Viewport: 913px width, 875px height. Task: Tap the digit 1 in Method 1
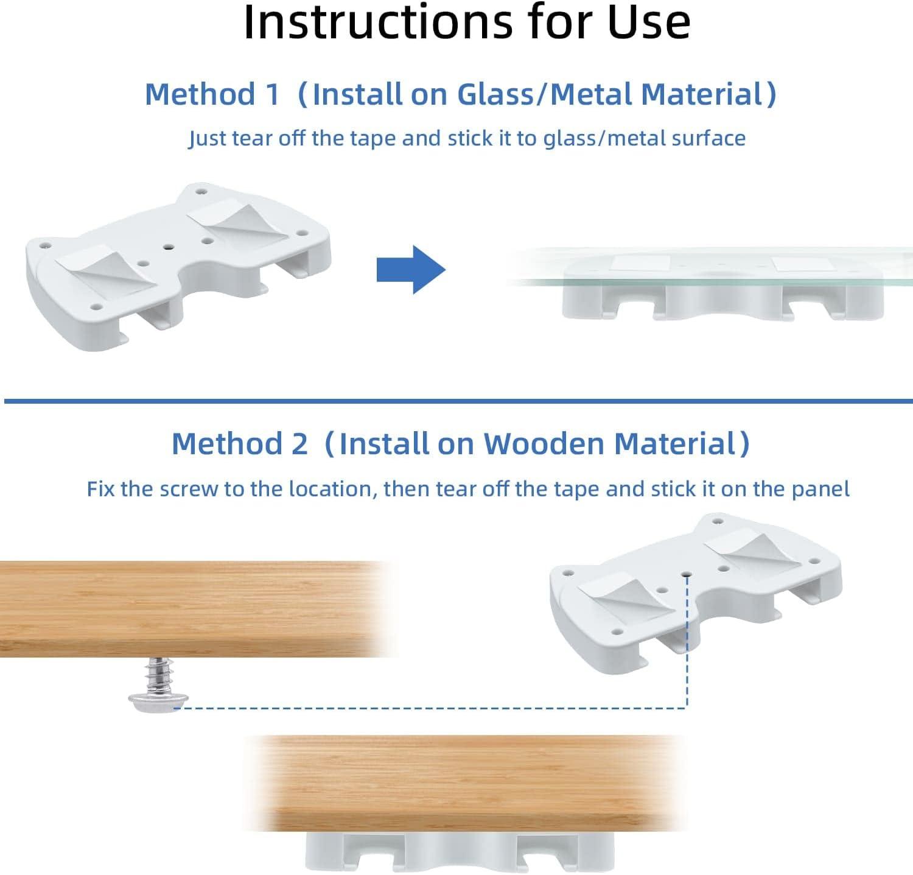click(271, 94)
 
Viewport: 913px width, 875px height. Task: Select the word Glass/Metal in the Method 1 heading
click(545, 94)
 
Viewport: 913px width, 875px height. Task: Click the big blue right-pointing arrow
click(411, 270)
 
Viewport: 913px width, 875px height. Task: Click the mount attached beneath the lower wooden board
click(460, 852)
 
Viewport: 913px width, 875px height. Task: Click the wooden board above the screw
click(195, 609)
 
